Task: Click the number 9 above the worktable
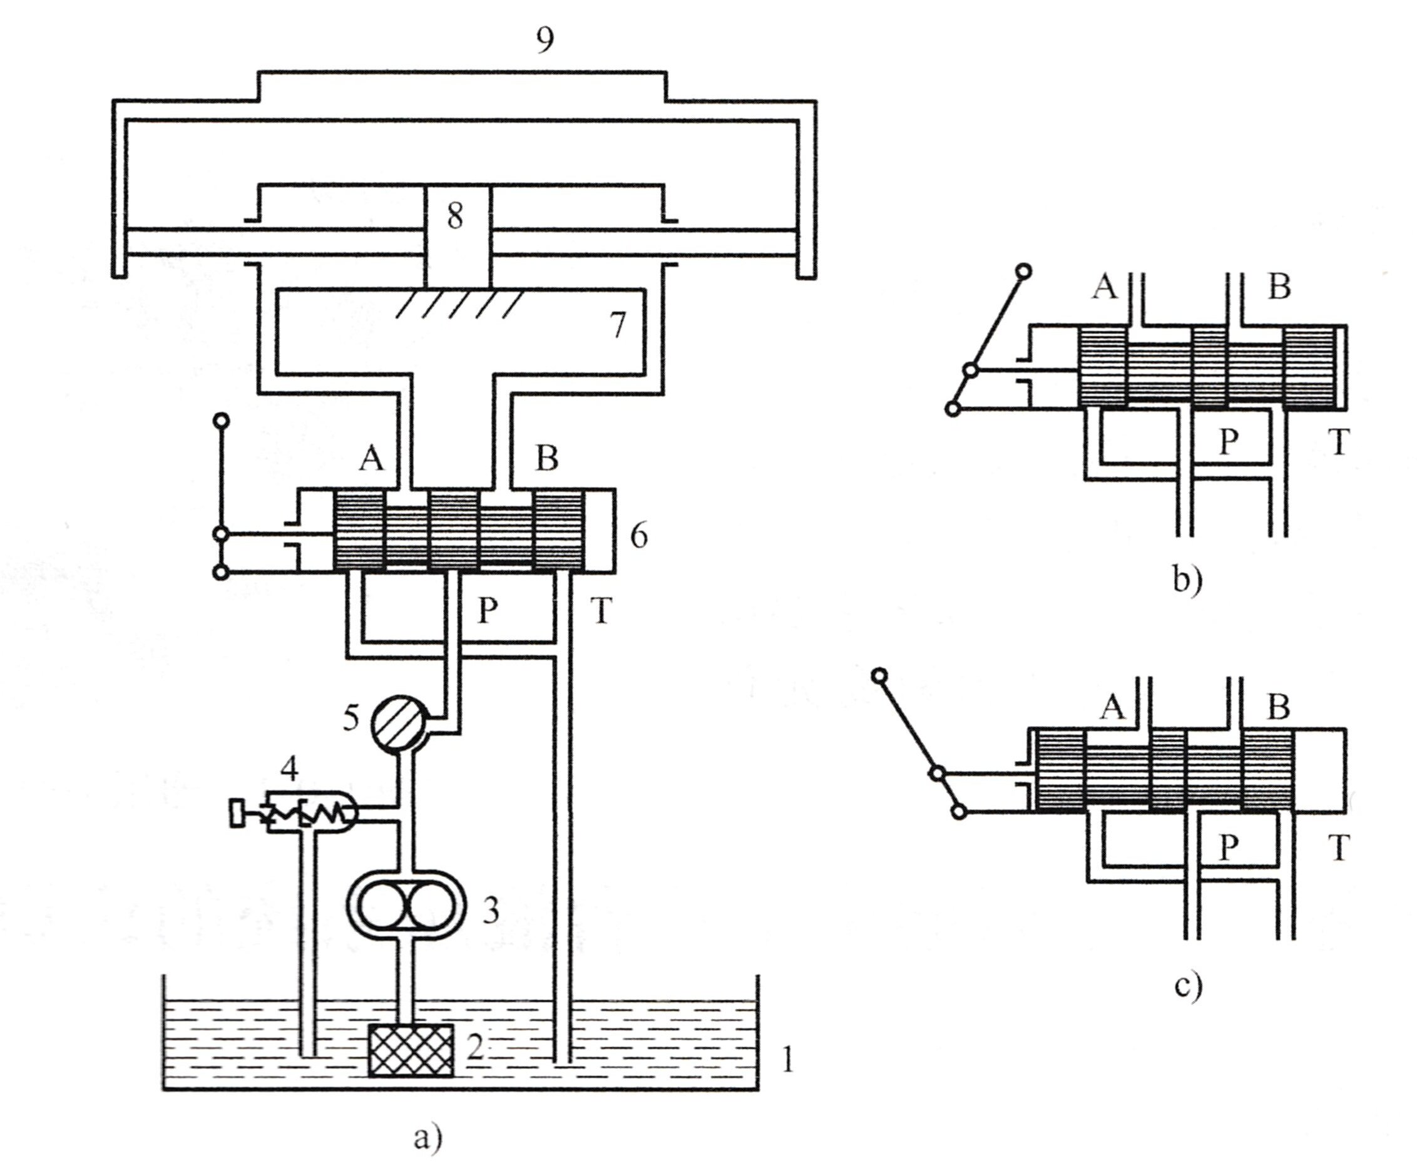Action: tap(545, 40)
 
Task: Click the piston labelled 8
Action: tap(458, 235)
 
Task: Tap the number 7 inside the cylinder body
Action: tap(616, 325)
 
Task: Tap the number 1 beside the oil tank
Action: tap(788, 1061)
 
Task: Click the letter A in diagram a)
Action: tap(371, 459)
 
